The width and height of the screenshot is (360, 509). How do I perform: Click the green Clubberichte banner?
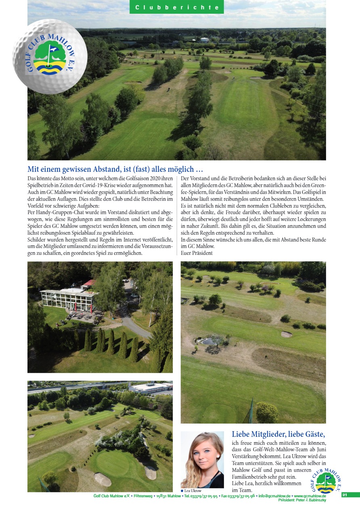pyautogui.click(x=177, y=7)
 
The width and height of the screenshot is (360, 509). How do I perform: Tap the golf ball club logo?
pyautogui.click(x=50, y=56)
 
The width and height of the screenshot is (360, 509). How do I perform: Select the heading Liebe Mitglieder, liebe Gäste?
pyautogui.click(x=278, y=434)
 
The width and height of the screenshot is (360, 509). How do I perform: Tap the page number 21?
pyautogui.click(x=345, y=495)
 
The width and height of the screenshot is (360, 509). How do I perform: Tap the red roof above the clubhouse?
pyautogui.click(x=89, y=282)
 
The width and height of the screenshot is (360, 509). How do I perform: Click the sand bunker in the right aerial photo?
pyautogui.click(x=286, y=334)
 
